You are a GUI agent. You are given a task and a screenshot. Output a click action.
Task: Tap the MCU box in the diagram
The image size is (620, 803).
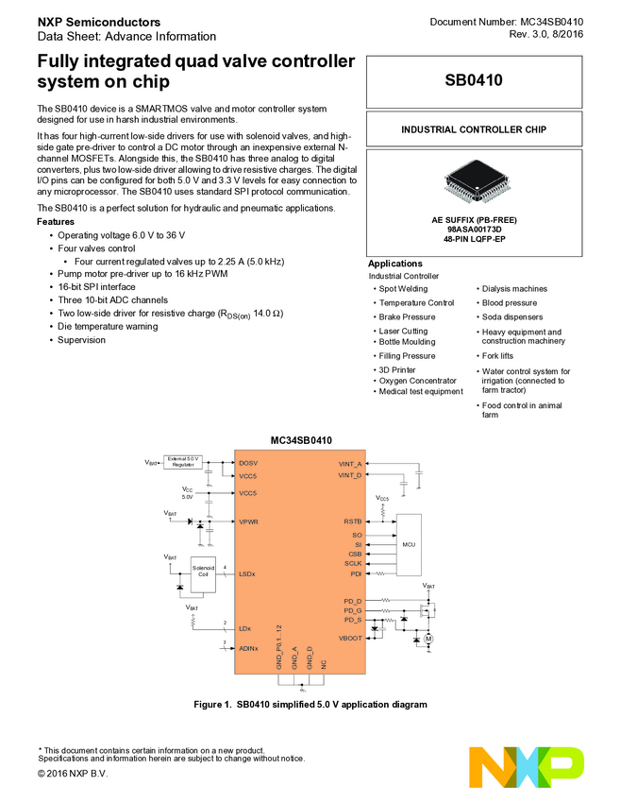(409, 545)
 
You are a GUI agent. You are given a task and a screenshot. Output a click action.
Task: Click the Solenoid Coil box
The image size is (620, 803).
(203, 573)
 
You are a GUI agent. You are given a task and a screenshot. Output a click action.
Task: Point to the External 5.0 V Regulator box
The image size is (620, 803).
(183, 462)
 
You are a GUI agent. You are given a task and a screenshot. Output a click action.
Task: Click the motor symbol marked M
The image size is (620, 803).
(427, 640)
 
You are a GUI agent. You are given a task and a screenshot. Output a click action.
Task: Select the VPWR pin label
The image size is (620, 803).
(249, 521)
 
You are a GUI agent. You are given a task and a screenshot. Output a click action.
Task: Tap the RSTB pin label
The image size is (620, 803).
(352, 521)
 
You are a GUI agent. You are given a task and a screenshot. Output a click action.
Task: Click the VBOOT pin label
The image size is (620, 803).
(349, 638)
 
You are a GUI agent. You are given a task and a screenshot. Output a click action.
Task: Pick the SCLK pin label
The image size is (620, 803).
(352, 563)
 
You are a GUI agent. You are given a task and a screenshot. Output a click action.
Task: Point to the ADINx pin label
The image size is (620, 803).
(249, 648)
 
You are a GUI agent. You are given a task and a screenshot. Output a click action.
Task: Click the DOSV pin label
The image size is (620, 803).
(248, 463)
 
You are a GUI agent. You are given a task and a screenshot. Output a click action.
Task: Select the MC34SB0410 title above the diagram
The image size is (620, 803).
(301, 440)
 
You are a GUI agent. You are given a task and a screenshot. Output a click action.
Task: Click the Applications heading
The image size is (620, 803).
(394, 264)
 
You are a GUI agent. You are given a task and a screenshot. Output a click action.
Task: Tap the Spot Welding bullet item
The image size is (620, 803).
(403, 289)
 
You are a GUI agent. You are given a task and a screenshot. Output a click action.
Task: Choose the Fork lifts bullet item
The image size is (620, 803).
(497, 356)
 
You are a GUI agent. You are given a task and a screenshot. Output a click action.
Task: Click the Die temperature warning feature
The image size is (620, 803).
(108, 326)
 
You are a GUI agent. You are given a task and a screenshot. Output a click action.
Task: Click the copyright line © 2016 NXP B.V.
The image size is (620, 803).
(73, 774)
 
